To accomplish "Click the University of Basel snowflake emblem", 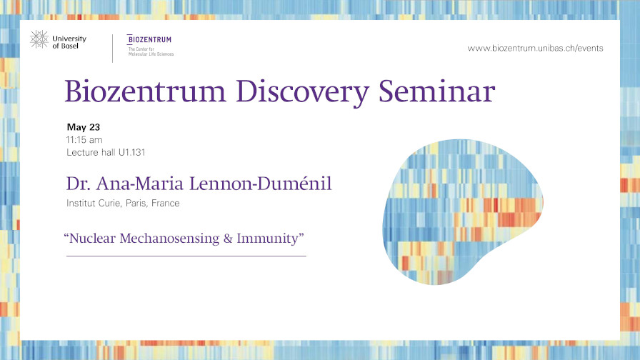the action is tap(39, 39).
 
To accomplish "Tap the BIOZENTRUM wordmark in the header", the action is tap(149, 39).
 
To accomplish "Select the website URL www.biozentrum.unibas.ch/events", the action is tap(535, 48).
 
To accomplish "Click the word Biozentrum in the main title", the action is tap(145, 91).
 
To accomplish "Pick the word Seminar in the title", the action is tap(436, 91).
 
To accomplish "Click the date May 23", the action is tap(84, 127).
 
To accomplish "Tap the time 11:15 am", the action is tap(84, 139).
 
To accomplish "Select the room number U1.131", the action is tap(132, 152).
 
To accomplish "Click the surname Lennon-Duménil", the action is tap(261, 184).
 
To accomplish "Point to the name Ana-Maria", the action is tap(139, 184).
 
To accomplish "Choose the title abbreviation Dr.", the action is tap(78, 184).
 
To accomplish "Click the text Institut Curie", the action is tap(94, 203).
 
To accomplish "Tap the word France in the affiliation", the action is tap(165, 203).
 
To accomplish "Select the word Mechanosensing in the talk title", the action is tap(169, 239).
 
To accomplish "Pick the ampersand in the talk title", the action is tap(228, 239).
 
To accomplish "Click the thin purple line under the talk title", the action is tap(186, 256).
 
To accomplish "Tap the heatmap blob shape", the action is tap(462, 212).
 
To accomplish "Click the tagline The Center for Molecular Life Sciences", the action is tap(151, 51).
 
